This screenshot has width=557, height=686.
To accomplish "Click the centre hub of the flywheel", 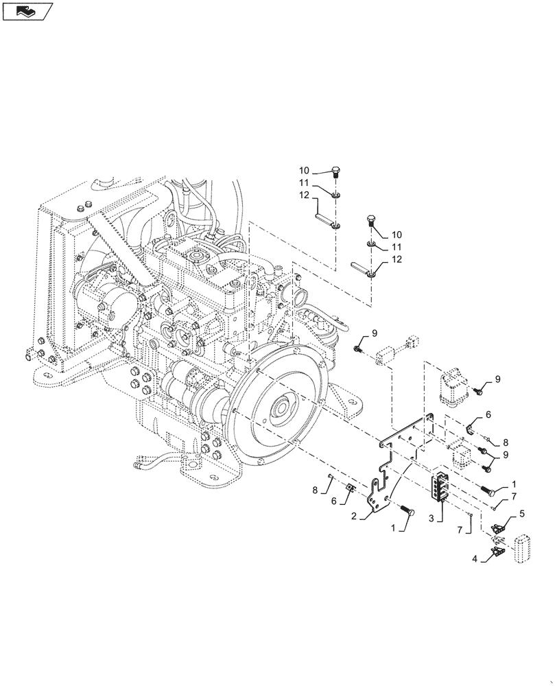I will (282, 412).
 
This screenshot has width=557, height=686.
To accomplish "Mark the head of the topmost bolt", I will (335, 171).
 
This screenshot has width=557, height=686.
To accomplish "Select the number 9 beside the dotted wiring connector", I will (375, 334).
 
